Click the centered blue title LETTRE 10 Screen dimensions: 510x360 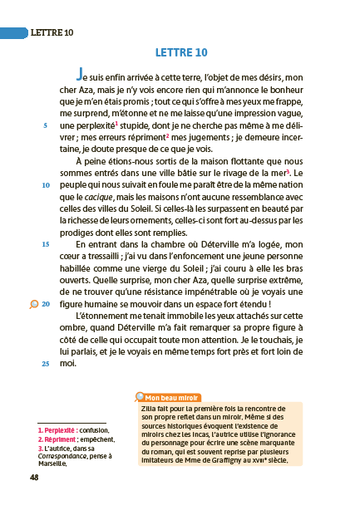[180, 53]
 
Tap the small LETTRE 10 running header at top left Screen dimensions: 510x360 [52, 32]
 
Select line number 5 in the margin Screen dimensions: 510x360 [45, 125]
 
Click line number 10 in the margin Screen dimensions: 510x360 [45, 184]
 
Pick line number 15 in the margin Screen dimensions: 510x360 [45, 244]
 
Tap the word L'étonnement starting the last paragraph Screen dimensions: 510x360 [106, 316]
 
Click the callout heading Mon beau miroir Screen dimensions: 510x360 [171, 397]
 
